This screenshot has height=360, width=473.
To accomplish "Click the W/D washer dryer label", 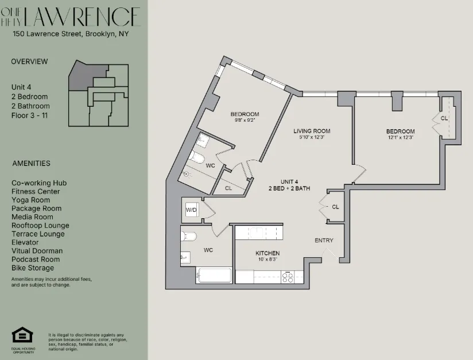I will (191, 210).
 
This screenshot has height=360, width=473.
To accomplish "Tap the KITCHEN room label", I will (267, 253).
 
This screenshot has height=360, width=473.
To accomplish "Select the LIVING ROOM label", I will (312, 131).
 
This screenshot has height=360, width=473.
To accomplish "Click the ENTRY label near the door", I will (323, 240).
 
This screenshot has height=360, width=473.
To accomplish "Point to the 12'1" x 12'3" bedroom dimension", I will (400, 138).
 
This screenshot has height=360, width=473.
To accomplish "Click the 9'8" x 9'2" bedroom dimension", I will (245, 121).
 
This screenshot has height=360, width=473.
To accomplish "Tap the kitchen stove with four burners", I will (287, 277).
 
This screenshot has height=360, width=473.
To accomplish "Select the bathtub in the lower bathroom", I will (214, 275).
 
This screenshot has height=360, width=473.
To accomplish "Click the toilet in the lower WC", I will (189, 236).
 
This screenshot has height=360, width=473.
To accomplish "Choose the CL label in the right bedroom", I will (444, 118).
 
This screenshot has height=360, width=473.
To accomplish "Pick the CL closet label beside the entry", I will (335, 207).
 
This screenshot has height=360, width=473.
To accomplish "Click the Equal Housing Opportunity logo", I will (23, 335).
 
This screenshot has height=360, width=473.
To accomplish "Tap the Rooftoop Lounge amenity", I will (40, 226).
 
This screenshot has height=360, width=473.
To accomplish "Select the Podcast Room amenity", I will (36, 260).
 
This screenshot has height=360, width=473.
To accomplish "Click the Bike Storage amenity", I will (33, 268).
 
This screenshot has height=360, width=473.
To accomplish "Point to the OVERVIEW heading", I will (30, 61).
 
